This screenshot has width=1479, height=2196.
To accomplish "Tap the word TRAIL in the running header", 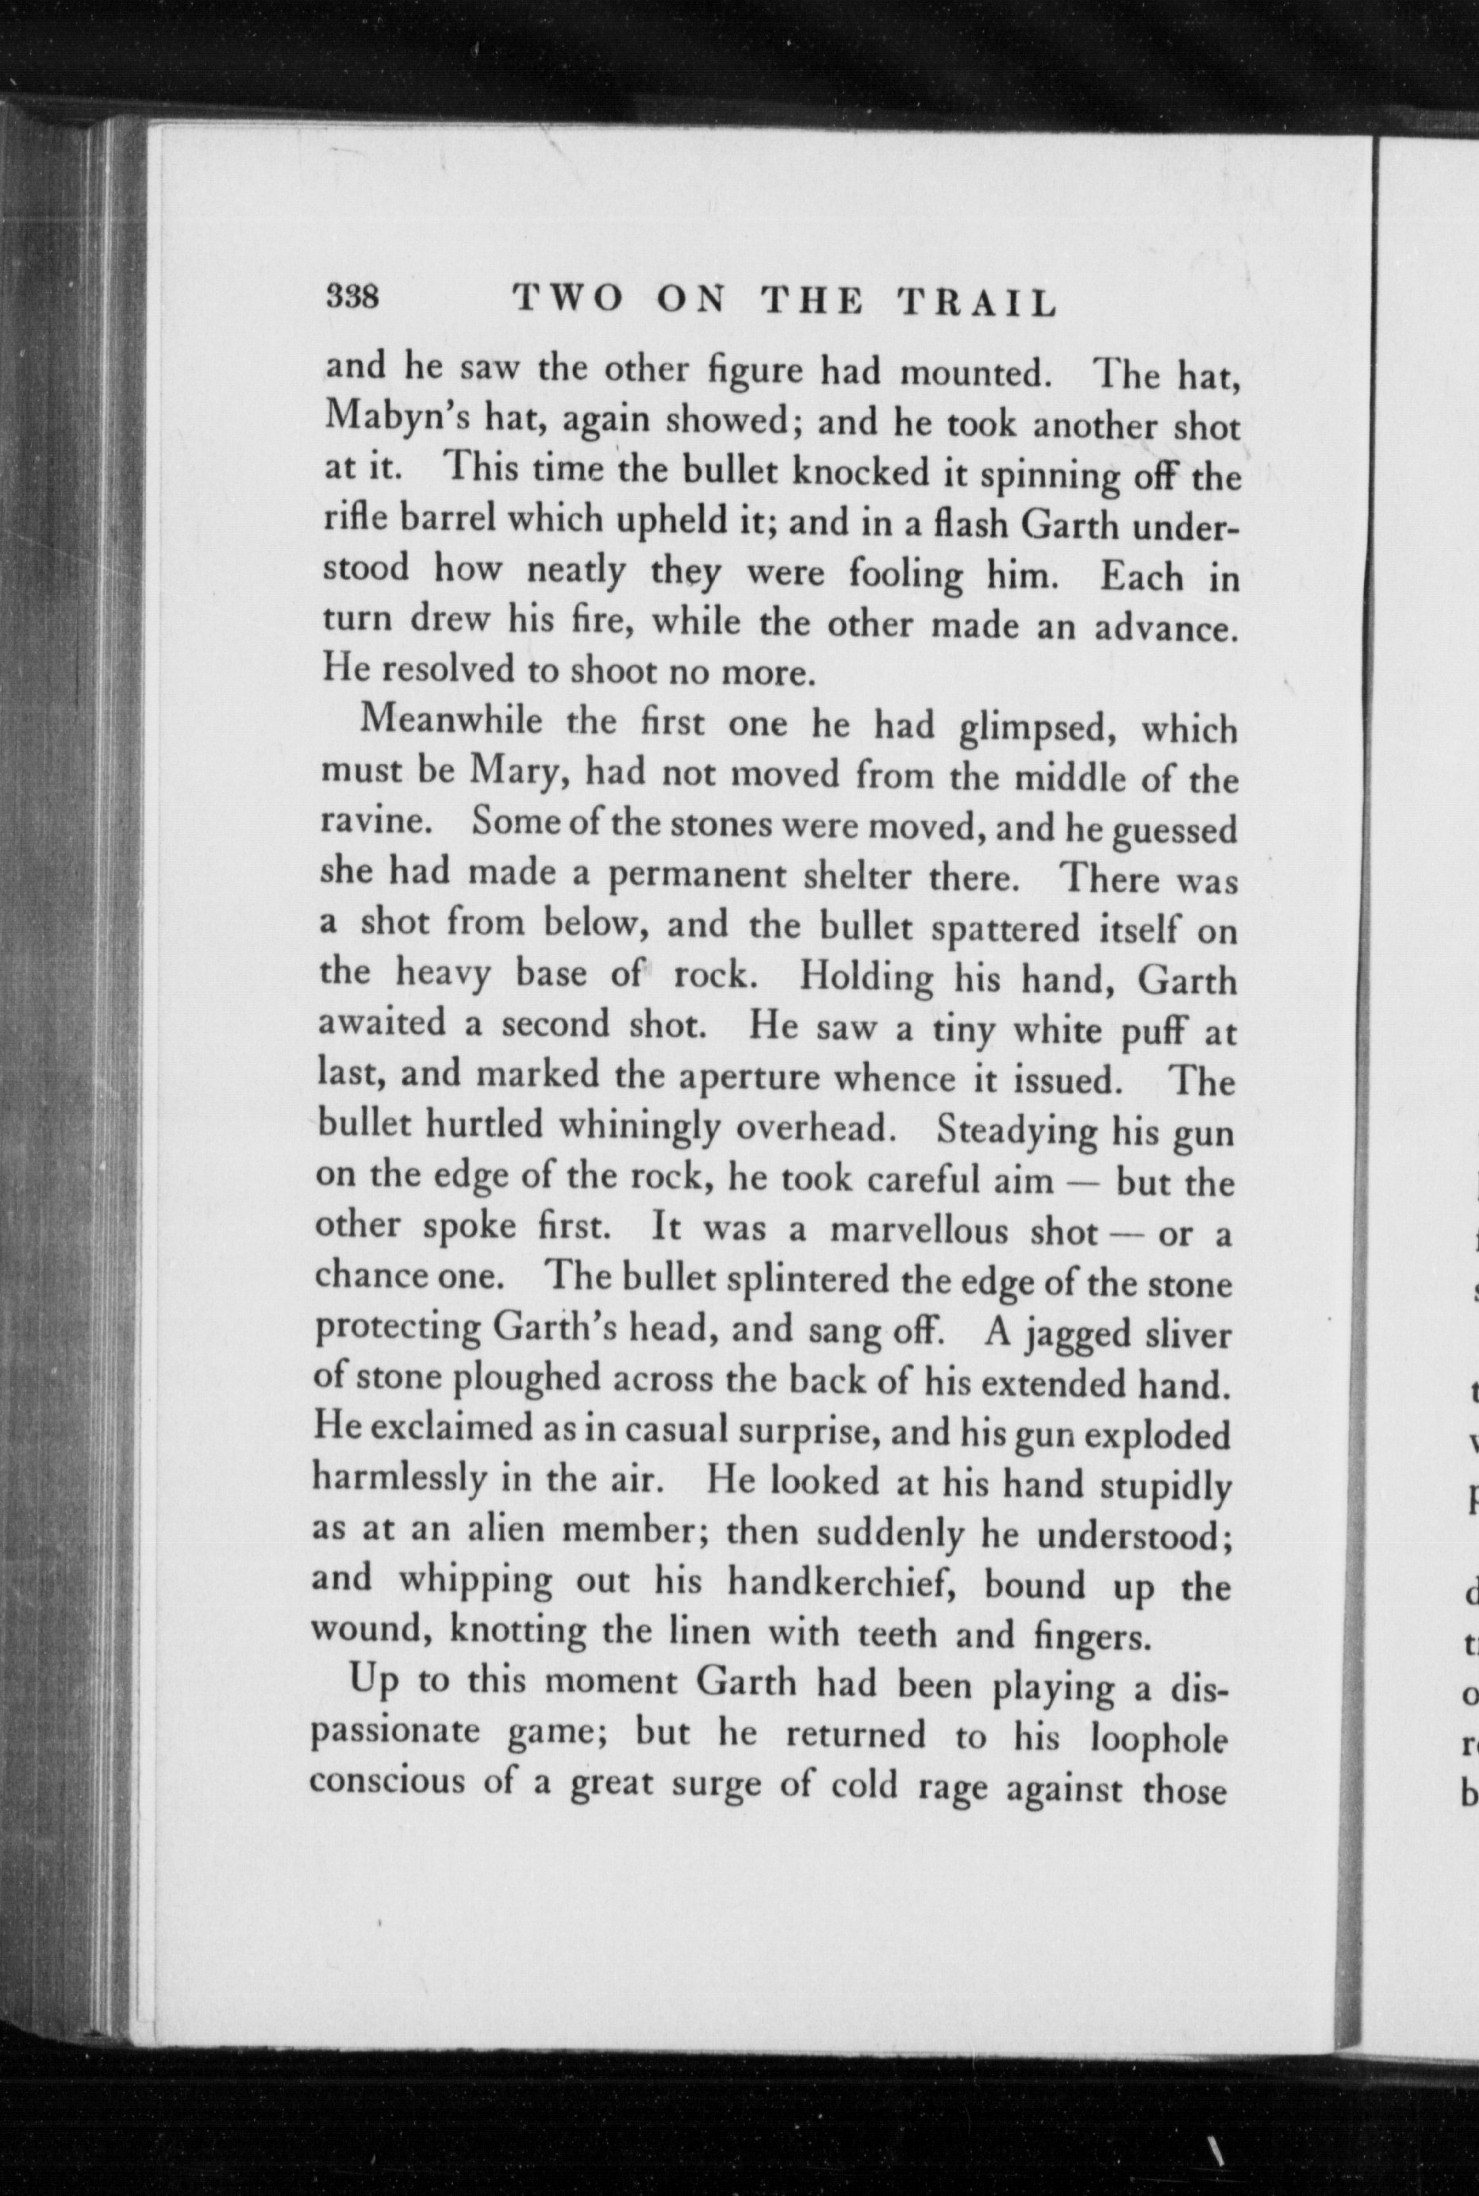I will (975, 303).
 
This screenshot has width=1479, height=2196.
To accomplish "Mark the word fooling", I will (905, 575).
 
